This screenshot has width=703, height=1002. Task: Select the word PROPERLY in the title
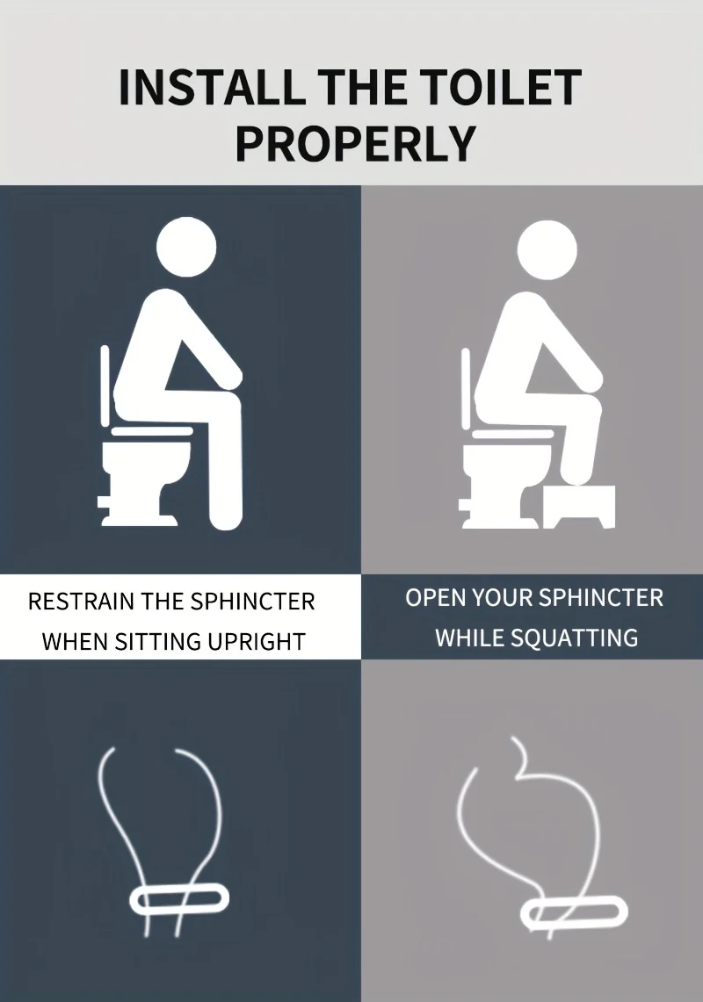click(356, 143)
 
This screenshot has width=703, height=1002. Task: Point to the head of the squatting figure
click(547, 250)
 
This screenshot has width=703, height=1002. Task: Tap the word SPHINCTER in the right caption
click(601, 597)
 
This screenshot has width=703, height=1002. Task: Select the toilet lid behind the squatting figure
click(467, 386)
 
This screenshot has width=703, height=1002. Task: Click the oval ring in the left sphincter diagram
click(179, 900)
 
